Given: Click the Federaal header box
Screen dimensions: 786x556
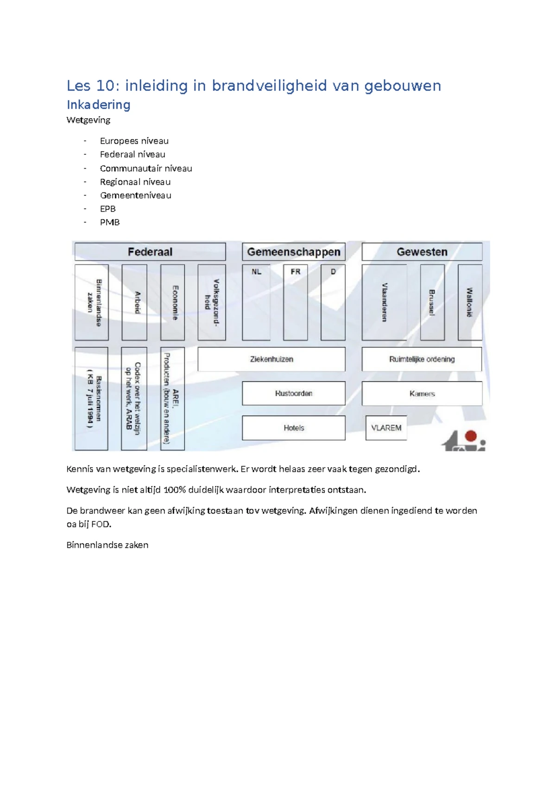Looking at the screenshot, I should (x=150, y=252).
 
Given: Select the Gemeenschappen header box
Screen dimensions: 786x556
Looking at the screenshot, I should (x=294, y=252).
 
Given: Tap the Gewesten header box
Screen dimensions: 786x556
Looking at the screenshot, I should (x=422, y=252).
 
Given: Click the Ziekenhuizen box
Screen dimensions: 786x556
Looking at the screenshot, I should (x=272, y=359).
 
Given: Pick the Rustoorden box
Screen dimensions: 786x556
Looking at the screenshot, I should (x=294, y=393).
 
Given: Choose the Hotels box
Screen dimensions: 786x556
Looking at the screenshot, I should (x=294, y=428).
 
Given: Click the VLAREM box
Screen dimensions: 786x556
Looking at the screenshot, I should (x=386, y=428).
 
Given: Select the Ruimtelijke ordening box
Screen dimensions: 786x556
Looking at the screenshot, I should (x=422, y=359).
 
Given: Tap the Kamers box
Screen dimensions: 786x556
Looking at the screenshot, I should (x=422, y=393).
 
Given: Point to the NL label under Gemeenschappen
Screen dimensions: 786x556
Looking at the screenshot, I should (x=256, y=272).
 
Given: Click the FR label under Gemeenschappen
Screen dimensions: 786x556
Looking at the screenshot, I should (x=296, y=272).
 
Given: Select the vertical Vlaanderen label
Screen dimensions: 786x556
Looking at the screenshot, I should (x=384, y=302).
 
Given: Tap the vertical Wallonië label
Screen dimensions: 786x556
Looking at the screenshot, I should (x=469, y=302).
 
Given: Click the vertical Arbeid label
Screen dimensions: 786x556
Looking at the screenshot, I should (x=137, y=302).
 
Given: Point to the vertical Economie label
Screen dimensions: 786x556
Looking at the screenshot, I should (x=175, y=302).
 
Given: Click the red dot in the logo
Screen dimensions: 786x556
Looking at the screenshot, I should (x=471, y=436).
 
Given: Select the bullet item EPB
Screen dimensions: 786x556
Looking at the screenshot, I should (x=107, y=209).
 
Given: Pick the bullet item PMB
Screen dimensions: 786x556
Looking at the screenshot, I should (x=109, y=222).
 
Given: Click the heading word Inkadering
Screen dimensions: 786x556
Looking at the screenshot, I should (x=98, y=105).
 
